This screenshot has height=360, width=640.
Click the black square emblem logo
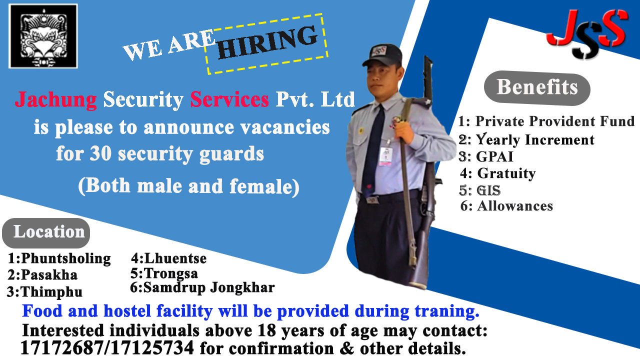[x=43, y=36]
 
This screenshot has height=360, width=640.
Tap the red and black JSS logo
[x=587, y=34]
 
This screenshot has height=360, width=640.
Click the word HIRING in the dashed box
[x=267, y=42]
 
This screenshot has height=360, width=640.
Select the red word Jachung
[x=56, y=99]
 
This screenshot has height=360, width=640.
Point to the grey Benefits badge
[x=537, y=87]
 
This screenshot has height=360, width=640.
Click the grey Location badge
[x=46, y=232]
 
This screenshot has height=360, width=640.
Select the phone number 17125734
[x=151, y=347]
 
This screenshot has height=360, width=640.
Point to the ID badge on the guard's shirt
[x=386, y=156]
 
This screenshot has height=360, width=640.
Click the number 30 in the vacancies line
[x=100, y=153]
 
